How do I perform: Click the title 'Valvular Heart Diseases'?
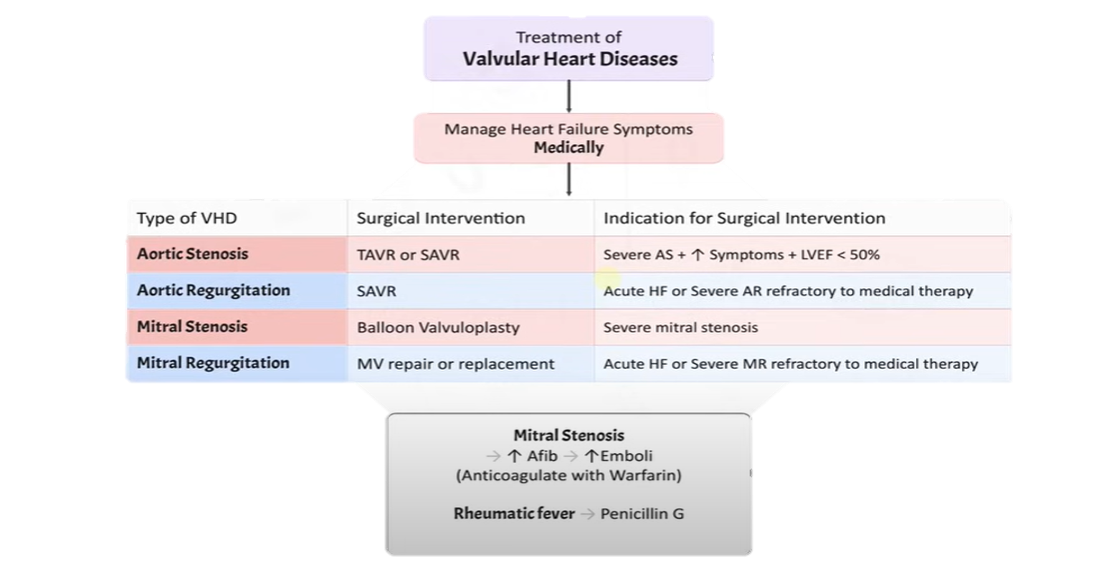(569, 59)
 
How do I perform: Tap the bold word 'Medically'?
(568, 148)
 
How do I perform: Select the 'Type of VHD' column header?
(187, 218)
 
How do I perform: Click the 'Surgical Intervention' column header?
(440, 218)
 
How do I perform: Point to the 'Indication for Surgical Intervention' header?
(744, 218)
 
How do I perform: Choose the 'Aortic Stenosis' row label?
(193, 254)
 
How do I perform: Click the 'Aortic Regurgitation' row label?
(213, 290)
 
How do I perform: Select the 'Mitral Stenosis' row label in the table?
(192, 327)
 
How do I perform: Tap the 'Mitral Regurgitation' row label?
(213, 363)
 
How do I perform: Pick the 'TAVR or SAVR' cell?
(408, 255)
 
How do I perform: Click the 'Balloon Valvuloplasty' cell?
(438, 328)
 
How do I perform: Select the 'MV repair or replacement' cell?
(455, 364)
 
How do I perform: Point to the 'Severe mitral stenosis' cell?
(680, 328)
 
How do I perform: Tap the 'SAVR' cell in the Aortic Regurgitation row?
(376, 291)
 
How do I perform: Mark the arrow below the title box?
(569, 97)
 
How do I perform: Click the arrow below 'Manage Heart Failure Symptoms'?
(569, 180)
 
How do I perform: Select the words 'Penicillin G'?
(642, 514)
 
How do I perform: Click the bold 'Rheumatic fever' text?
(514, 514)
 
